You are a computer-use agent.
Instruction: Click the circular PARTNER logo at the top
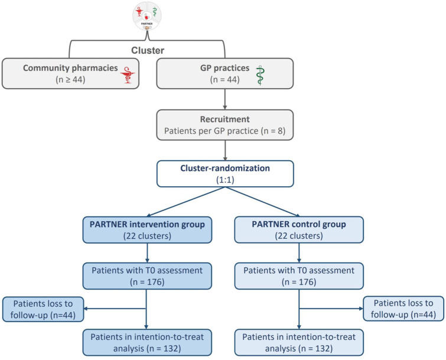(x=147, y=16)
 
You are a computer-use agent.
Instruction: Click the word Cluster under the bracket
(x=148, y=50)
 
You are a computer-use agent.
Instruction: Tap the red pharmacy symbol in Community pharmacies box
(x=128, y=74)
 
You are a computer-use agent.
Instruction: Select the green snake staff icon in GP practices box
(x=259, y=76)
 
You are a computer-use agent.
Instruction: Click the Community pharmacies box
(x=70, y=73)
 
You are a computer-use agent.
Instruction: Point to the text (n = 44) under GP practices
(x=224, y=79)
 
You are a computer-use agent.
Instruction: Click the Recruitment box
(x=224, y=125)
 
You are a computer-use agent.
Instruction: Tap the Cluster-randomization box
(x=225, y=174)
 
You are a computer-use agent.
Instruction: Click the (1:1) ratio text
(x=225, y=180)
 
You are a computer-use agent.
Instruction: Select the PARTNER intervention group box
(x=147, y=230)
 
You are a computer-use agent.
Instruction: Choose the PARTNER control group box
(x=299, y=230)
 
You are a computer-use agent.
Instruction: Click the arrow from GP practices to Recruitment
(x=225, y=99)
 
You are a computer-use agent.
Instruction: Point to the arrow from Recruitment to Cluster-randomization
(x=225, y=150)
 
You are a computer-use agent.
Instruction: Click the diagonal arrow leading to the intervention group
(x=186, y=202)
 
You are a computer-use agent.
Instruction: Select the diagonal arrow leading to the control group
(x=262, y=202)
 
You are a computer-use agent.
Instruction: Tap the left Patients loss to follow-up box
(x=43, y=309)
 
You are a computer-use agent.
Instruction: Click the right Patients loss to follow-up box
(x=403, y=309)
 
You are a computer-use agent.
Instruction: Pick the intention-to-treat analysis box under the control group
(x=299, y=343)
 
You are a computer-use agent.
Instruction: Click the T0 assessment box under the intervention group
(x=147, y=276)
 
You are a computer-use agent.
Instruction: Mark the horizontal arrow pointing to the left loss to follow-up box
(x=115, y=309)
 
